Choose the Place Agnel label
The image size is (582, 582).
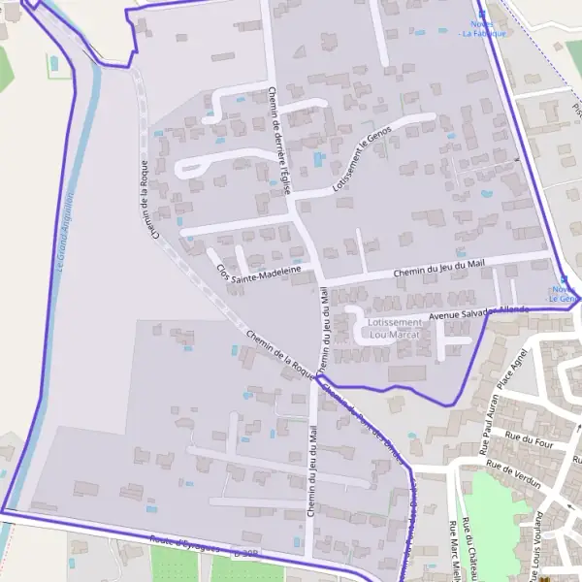[x=511, y=369]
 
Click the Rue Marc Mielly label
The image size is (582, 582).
[x=452, y=555]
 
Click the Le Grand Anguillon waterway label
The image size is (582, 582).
[x=67, y=233]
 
